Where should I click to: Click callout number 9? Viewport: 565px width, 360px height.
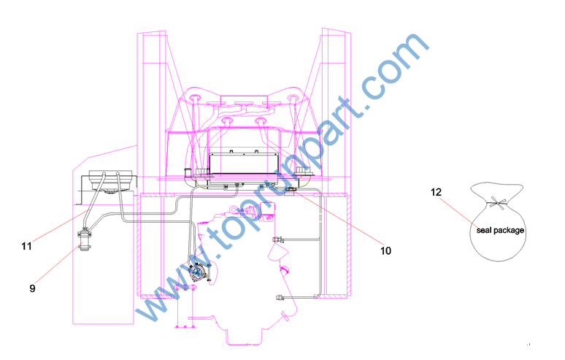32,288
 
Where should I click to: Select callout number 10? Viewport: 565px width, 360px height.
385,250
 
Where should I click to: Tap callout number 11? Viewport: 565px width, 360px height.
27,246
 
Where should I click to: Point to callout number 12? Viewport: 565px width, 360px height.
436,192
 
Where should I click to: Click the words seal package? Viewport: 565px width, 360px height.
500,230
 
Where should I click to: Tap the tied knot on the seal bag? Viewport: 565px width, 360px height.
497,203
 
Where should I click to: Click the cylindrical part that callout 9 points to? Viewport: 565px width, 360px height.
85,240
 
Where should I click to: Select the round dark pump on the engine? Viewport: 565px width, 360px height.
197,272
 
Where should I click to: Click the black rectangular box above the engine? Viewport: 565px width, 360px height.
244,164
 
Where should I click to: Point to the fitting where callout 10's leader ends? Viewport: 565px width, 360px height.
291,191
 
